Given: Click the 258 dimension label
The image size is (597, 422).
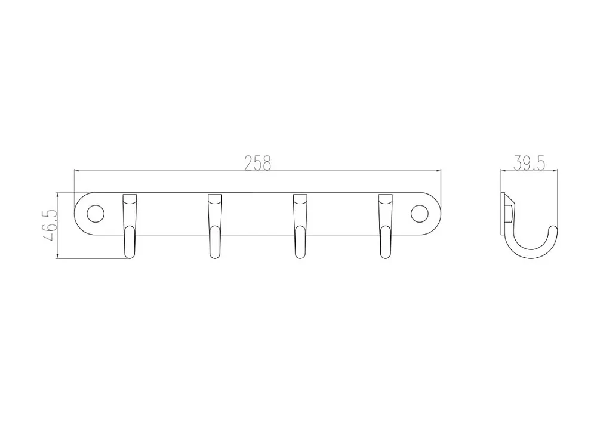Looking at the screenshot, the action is tap(258, 163).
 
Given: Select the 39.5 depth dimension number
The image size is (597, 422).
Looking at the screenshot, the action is tap(529, 163).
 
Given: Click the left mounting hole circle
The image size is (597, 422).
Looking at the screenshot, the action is tap(95, 214).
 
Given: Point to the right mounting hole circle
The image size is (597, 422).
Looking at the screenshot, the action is tap(420, 214).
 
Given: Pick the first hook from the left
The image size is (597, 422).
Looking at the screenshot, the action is tap(130, 226).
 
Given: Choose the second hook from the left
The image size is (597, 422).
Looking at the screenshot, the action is tap(215, 226).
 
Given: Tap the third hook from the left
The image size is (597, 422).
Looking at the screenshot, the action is tap(300, 226).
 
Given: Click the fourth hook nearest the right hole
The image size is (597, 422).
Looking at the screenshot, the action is tap(385, 226).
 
